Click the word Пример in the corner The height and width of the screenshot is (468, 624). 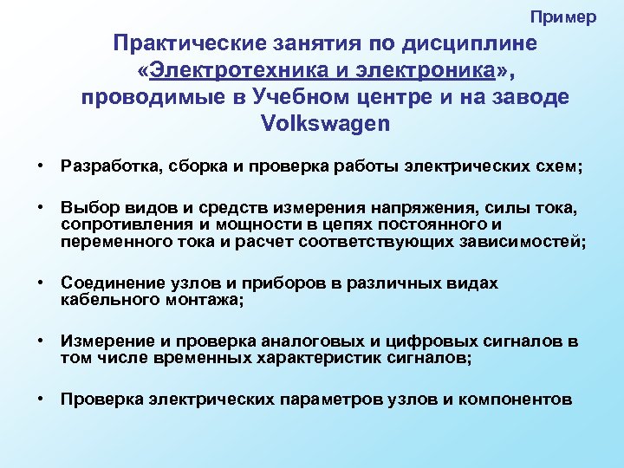563,17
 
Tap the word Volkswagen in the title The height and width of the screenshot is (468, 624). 325,123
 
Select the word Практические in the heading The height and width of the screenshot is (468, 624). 194,42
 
